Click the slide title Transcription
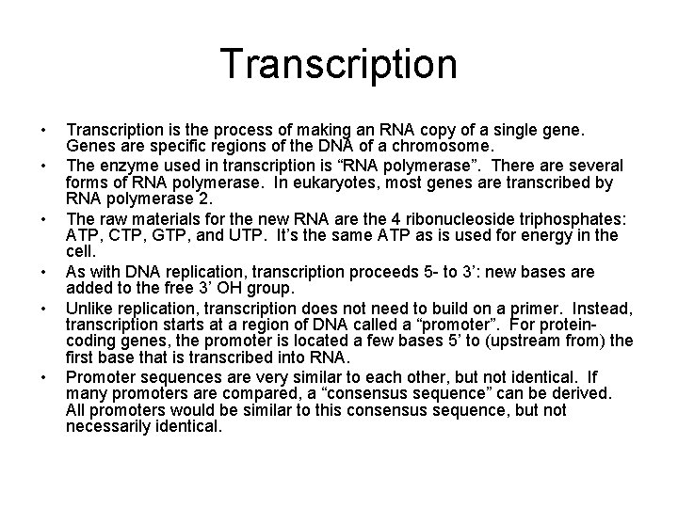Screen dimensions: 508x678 point(339,64)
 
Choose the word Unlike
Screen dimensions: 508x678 point(89,307)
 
